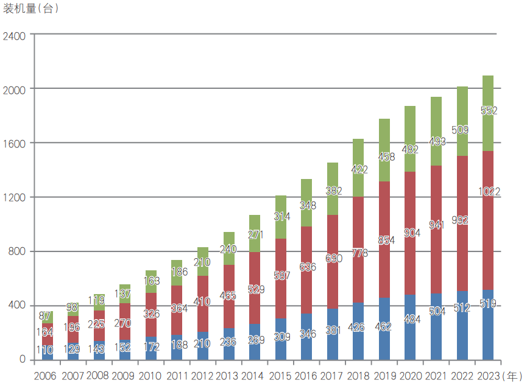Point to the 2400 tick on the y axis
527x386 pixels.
pos(14,35)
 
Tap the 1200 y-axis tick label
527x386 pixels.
pos(14,197)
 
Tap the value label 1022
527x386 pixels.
pos(489,192)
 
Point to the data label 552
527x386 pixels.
pos(489,111)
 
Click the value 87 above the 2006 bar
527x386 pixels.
pos(44,316)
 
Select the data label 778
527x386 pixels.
pos(359,253)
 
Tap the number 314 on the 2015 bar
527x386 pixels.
pos(281,217)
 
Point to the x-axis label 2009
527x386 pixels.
pos(123,376)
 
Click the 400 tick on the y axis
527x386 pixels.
pos(18,306)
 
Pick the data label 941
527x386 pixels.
pos(437,225)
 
